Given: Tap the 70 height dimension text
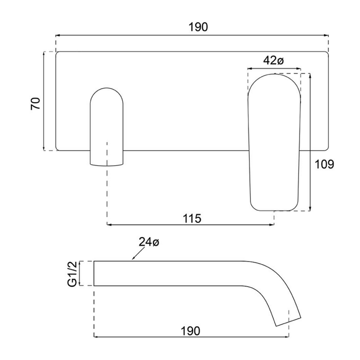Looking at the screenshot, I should click(x=36, y=104).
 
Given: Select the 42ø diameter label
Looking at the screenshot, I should click(x=273, y=60).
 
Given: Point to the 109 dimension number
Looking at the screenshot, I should click(x=324, y=164).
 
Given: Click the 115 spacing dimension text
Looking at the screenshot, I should click(x=192, y=218).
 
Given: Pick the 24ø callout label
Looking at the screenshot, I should click(x=149, y=242).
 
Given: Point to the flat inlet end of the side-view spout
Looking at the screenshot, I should click(x=94, y=273).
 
